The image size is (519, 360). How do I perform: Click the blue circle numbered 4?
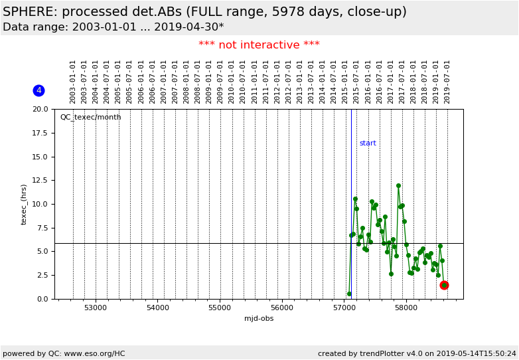[x=38, y=90]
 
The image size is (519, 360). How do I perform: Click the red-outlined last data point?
[x=444, y=285]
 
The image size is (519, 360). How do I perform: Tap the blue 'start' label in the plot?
[x=368, y=143]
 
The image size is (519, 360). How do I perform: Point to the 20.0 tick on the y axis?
[x=41, y=110]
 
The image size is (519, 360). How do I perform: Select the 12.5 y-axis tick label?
[x=41, y=181]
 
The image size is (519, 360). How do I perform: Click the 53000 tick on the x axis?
[x=96, y=308]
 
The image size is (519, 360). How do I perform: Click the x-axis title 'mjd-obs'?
[x=259, y=319]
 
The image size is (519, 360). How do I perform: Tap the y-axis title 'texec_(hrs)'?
[x=24, y=204]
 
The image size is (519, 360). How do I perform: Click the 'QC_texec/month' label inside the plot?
[x=90, y=118]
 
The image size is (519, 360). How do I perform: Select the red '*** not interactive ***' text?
[x=259, y=45]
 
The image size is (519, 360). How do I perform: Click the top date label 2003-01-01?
[x=73, y=81]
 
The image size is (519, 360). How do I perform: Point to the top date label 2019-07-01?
[x=447, y=81]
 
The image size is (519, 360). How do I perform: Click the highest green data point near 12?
[x=398, y=186]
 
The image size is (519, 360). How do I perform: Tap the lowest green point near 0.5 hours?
[x=349, y=294]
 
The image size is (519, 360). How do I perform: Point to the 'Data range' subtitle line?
[x=113, y=27]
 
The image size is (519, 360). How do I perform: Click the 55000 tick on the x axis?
[x=220, y=308]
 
